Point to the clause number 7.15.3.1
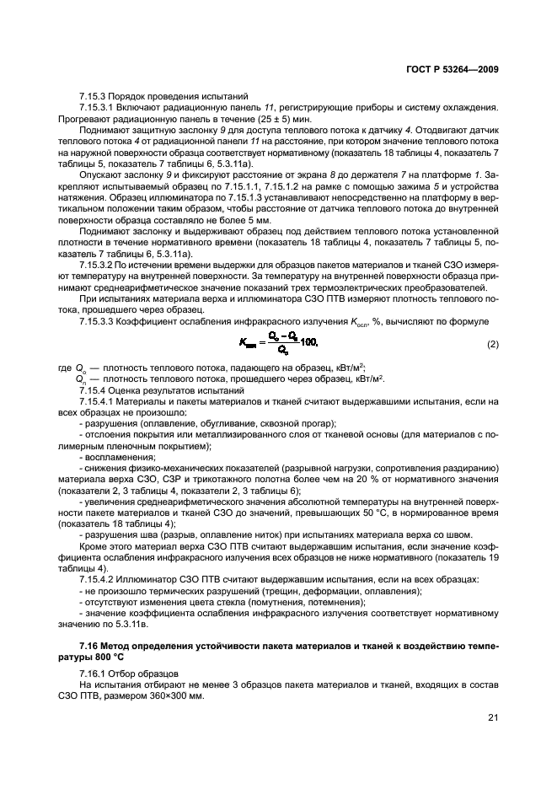tap(99, 107)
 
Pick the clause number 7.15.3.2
tap(99, 264)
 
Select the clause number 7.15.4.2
tap(99, 578)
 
